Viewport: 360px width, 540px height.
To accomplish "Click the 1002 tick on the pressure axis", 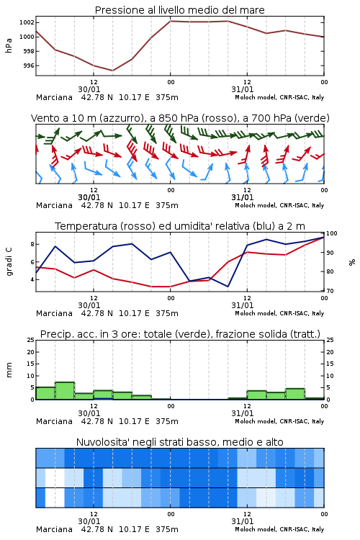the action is pyautogui.click(x=27, y=23).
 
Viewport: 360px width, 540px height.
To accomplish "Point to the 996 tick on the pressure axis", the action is pyautogui.click(x=29, y=66).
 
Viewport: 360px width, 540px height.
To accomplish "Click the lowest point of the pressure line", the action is pyautogui.click(x=112, y=71).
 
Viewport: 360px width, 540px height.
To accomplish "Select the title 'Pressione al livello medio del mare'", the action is pyautogui.click(x=180, y=10).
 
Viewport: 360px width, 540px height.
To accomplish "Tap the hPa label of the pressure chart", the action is pyautogui.click(x=9, y=45).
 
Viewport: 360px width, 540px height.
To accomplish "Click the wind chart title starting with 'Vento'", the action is pyautogui.click(x=180, y=118).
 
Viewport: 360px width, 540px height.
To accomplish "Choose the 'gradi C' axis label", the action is pyautogui.click(x=9, y=261).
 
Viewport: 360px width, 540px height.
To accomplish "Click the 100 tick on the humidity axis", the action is pyautogui.click(x=331, y=233).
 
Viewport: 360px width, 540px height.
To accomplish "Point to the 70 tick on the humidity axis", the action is pyautogui.click(x=330, y=291).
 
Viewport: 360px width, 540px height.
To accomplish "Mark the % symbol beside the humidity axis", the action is pyautogui.click(x=352, y=262).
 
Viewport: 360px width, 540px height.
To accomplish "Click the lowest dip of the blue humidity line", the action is pyautogui.click(x=228, y=287).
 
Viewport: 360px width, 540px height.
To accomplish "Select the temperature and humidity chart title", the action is pyautogui.click(x=180, y=226).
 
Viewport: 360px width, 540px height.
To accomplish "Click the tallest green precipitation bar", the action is pyautogui.click(x=65, y=391).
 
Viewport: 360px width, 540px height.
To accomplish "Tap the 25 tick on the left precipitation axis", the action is pyautogui.click(x=31, y=341).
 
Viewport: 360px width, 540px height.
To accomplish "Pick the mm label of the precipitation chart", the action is pyautogui.click(x=9, y=370).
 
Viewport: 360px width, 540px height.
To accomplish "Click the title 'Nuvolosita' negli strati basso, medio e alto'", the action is pyautogui.click(x=180, y=442).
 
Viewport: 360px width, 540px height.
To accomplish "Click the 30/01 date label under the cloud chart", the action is pyautogui.click(x=89, y=521).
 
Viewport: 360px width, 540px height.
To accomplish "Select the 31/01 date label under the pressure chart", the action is pyautogui.click(x=243, y=89).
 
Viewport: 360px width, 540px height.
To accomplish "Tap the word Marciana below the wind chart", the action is pyautogui.click(x=54, y=206).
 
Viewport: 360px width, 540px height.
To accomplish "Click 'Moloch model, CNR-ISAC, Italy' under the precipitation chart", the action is pyautogui.click(x=279, y=421).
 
